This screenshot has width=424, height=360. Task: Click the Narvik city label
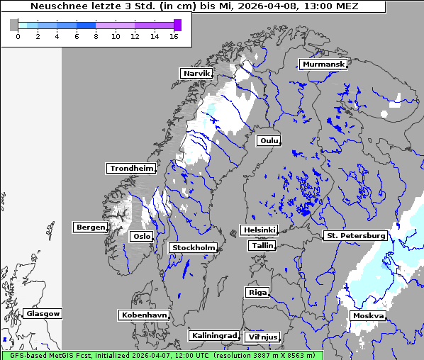(196, 73)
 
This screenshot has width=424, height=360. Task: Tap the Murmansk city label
(323, 64)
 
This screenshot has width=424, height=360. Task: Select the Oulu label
(269, 140)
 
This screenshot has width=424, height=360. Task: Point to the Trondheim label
(131, 169)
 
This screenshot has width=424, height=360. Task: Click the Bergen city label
(89, 227)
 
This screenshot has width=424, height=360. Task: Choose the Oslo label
(142, 236)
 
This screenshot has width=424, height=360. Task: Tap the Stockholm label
(193, 247)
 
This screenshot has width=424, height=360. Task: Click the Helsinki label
(259, 230)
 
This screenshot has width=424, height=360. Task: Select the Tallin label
(262, 245)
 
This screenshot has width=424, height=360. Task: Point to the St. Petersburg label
(355, 235)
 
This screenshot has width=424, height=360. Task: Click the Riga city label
(257, 292)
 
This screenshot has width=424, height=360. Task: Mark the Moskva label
(368, 315)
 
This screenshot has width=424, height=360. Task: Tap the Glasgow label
(43, 313)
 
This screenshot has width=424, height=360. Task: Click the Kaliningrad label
(213, 335)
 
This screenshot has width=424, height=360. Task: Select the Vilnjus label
(262, 337)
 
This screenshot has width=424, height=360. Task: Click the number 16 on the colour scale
(173, 36)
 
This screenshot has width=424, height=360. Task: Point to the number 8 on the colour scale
(96, 36)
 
